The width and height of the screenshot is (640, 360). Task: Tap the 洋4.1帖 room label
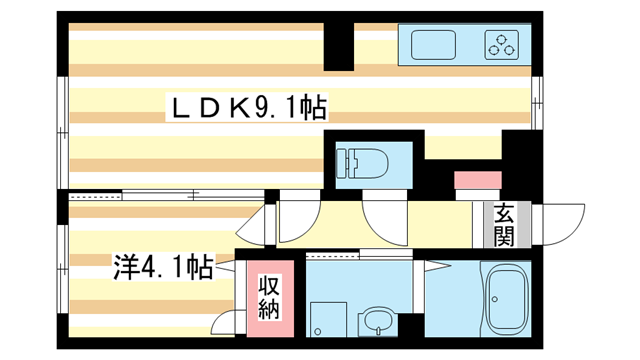click(x=162, y=268)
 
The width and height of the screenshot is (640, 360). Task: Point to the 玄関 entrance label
click(x=502, y=226)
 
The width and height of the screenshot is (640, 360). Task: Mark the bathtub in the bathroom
click(x=507, y=300)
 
